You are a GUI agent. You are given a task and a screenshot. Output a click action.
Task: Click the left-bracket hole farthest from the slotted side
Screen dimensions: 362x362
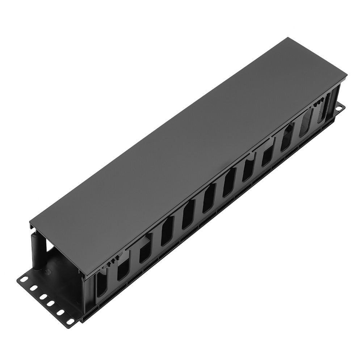[x=24, y=279]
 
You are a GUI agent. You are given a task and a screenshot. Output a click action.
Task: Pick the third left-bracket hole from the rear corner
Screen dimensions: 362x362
[x=43, y=296]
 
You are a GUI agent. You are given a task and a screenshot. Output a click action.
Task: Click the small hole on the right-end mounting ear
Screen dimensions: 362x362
[x=340, y=108]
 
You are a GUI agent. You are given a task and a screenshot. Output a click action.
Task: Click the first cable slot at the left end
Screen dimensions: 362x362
[x=101, y=286]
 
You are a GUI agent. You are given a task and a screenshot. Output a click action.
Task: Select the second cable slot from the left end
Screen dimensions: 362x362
[x=123, y=270]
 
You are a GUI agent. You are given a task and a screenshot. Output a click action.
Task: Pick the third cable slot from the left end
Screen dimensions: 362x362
[x=146, y=251]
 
